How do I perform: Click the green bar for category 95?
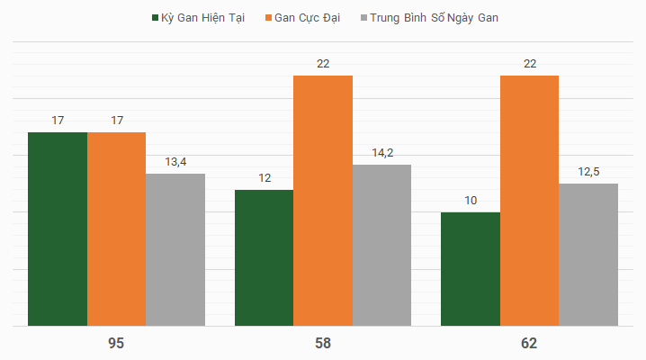coord(58,229)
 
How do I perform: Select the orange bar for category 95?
coord(117,229)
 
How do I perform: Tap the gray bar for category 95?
coord(175,249)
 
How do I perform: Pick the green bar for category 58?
coord(264,257)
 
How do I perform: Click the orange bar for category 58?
coord(323,200)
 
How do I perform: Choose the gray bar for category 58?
coord(381,245)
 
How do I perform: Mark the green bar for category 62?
coord(471,269)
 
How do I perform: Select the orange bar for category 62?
coord(529,200)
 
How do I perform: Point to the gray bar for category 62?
coord(588,255)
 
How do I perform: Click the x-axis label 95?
coord(116,344)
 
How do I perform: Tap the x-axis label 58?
coord(323,344)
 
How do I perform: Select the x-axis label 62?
coord(529,344)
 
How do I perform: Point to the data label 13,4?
coord(175,162)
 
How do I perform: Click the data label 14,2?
coord(382,153)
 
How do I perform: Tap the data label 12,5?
coord(588,172)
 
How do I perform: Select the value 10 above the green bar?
coord(471,201)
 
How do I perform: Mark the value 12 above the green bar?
coord(265,178)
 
